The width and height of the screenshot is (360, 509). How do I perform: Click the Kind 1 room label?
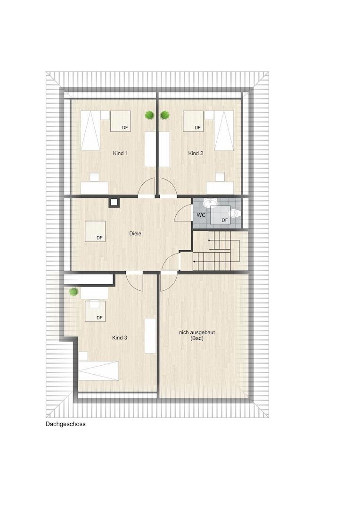(x=120, y=153)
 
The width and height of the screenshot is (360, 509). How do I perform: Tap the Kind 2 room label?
(x=196, y=153)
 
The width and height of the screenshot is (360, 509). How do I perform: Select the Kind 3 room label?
(x=120, y=338)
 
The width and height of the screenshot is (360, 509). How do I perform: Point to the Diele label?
(x=135, y=233)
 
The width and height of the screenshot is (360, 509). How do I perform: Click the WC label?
(x=201, y=215)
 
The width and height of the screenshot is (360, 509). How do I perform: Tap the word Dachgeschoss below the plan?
(x=65, y=424)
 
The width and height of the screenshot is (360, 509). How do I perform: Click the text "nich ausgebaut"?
(x=197, y=332)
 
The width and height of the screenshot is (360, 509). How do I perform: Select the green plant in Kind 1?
(x=149, y=115)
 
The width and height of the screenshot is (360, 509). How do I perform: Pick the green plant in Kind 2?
(x=165, y=115)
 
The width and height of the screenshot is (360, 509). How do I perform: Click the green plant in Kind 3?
(x=74, y=292)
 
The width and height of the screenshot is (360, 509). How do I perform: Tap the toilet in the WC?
(x=234, y=213)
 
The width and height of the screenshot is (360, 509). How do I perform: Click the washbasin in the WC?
(x=209, y=203)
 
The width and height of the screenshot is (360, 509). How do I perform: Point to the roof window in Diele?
(x=96, y=231)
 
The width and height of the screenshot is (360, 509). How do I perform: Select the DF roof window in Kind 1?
(x=121, y=121)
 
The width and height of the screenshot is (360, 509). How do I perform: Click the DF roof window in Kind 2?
(x=194, y=121)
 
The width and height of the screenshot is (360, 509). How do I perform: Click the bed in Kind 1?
(x=90, y=131)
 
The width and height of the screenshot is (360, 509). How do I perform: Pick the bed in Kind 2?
(x=224, y=131)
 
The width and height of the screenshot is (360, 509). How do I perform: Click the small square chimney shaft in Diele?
(x=114, y=203)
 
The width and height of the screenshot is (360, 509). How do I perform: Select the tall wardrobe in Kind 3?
(x=151, y=336)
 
